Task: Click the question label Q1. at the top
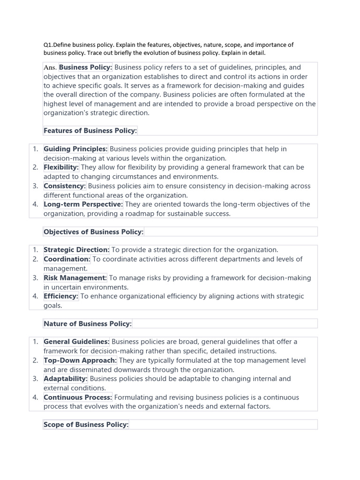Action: click(x=49, y=45)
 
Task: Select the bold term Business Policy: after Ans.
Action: click(x=86, y=67)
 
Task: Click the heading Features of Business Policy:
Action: click(x=90, y=131)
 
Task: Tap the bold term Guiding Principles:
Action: click(x=75, y=149)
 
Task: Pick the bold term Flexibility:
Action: click(x=61, y=167)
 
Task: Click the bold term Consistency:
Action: click(x=65, y=186)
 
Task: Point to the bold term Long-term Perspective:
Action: click(x=83, y=204)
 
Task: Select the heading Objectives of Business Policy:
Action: click(x=93, y=232)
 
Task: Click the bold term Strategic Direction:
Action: click(x=76, y=250)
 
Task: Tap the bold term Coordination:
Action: click(x=67, y=259)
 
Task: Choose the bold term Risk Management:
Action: click(x=75, y=278)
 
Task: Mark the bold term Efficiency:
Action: click(x=61, y=296)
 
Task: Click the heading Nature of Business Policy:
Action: click(x=88, y=324)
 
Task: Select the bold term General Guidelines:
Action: click(x=76, y=342)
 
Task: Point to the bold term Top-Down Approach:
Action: click(x=80, y=360)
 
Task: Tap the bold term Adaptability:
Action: click(x=66, y=379)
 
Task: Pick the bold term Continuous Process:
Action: click(x=78, y=397)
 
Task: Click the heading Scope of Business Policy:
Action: click(x=86, y=425)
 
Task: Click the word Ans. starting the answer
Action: click(x=50, y=67)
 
